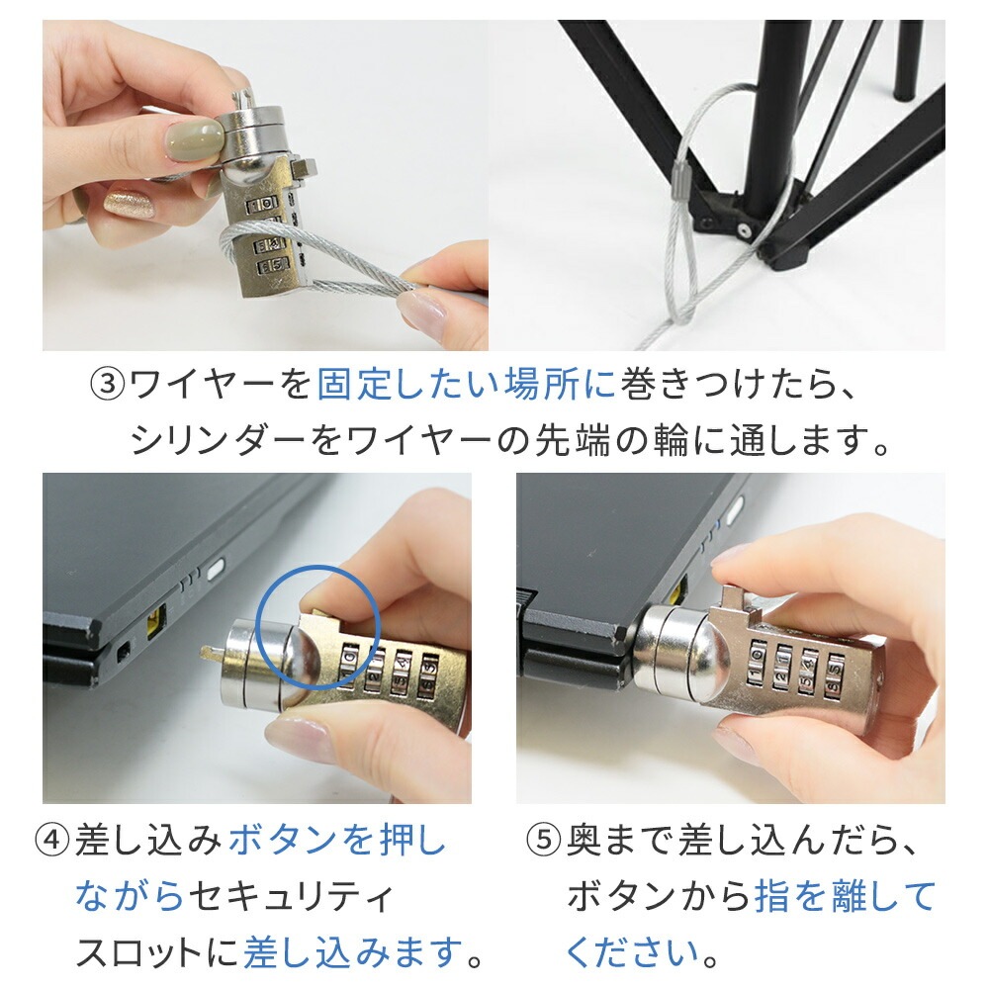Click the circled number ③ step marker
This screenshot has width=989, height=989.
click(x=108, y=383)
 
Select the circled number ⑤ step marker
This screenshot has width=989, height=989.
click(x=543, y=842)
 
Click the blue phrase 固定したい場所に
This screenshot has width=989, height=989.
click(x=466, y=383)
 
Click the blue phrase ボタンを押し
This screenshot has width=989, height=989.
click(x=337, y=842)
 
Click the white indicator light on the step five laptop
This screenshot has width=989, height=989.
click(x=735, y=511)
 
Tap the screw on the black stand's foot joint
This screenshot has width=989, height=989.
click(x=741, y=229)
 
